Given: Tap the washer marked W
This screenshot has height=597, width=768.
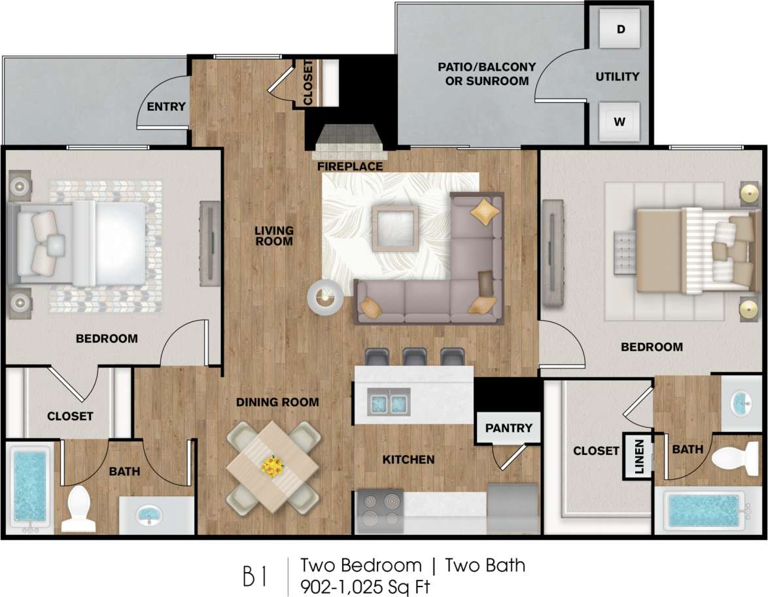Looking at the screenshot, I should (619, 121).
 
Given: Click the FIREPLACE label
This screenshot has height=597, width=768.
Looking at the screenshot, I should (350, 167).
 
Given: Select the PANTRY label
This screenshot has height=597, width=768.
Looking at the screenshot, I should (509, 428).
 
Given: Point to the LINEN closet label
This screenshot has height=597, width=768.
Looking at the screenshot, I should (638, 456).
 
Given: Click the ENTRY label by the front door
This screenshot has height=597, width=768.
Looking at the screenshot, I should (166, 107).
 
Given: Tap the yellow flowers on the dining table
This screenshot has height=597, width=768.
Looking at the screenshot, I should (271, 466).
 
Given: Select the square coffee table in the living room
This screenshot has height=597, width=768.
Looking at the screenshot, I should (395, 228).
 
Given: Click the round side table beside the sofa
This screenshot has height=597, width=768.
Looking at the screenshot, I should (324, 299).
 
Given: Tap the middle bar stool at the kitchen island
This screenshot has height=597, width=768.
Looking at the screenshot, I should (415, 357).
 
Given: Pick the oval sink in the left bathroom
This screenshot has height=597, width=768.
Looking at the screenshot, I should (152, 516).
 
